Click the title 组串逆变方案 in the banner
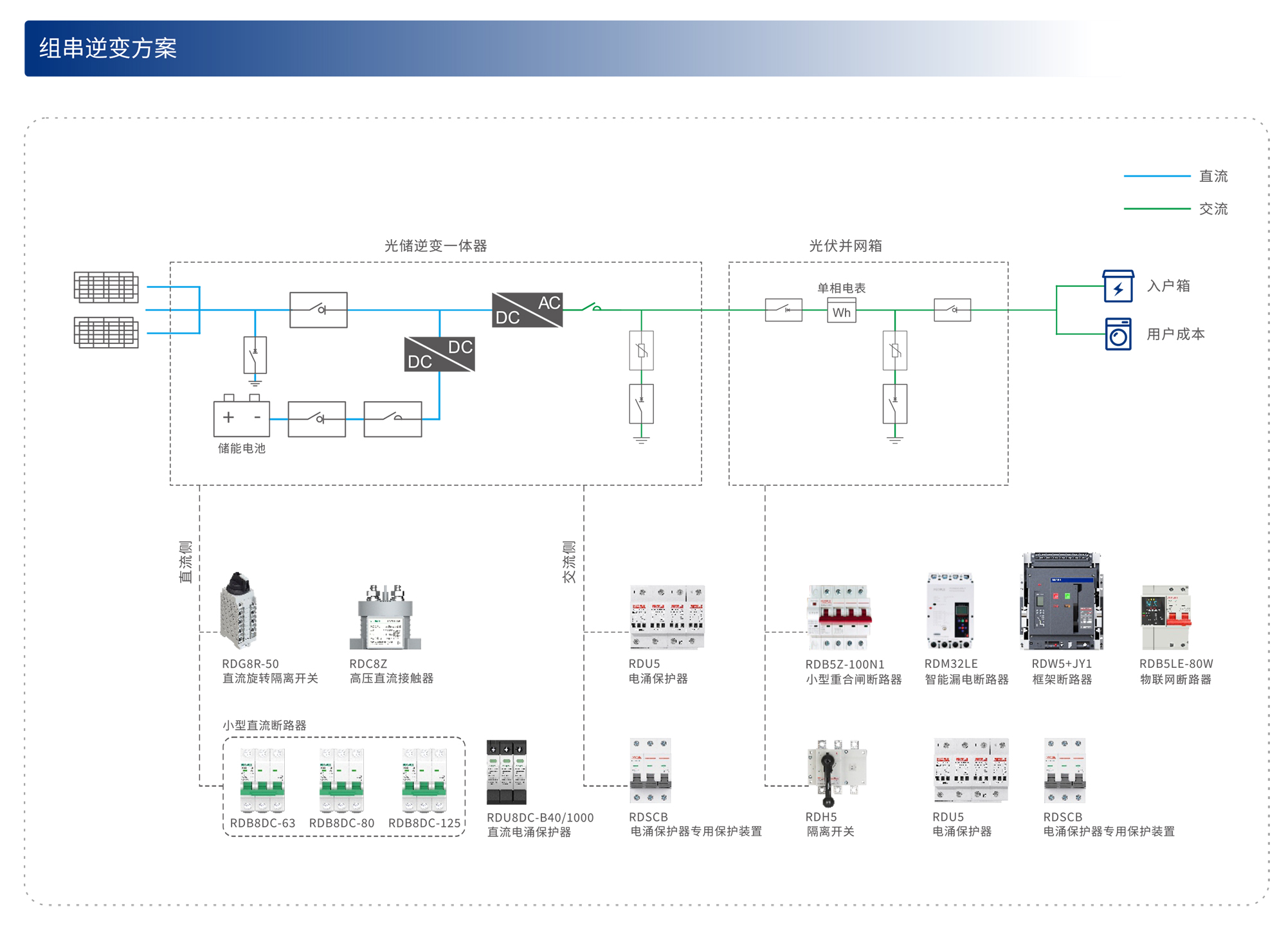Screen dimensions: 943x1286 tap(108, 48)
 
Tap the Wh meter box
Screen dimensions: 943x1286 tap(841, 312)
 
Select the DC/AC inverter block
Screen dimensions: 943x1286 tap(527, 310)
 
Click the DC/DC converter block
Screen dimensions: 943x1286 tap(440, 354)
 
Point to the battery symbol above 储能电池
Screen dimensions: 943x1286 tap(241, 417)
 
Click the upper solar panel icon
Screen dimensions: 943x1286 tap(106, 287)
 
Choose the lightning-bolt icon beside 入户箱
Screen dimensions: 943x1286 tap(1118, 287)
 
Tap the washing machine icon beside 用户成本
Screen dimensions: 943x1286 tap(1118, 334)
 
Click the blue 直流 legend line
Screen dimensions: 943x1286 tap(1156, 175)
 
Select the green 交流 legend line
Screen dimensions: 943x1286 tap(1156, 208)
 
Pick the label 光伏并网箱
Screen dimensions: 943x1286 tap(845, 246)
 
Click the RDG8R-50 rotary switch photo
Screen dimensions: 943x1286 tap(239, 611)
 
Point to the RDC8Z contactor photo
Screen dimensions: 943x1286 tap(385, 617)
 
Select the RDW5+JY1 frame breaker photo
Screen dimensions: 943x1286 tap(1062, 602)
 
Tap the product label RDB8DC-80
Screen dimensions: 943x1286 tap(341, 823)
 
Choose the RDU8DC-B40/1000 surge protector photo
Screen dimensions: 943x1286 tap(507, 772)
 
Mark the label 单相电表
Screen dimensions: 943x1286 tap(841, 288)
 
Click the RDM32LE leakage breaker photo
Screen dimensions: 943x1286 tap(950, 611)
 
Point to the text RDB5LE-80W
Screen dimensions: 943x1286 tap(1176, 663)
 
